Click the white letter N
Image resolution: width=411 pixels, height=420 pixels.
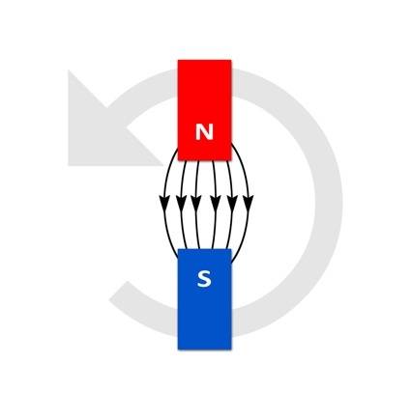coord(204,131)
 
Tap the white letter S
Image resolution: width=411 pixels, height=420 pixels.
coord(204,279)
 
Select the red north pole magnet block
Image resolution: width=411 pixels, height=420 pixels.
coord(204,110)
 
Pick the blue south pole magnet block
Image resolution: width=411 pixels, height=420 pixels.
coord(204,299)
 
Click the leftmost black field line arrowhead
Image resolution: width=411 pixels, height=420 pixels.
coord(164,203)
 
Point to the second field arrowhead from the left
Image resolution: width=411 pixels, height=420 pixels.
coord(182,203)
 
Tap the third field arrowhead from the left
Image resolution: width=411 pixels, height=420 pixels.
coord(195,203)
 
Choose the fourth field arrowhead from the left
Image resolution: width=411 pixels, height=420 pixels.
coord(215,203)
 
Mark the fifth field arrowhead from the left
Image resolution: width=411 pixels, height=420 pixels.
coord(232,203)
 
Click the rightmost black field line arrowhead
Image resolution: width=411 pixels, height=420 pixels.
coord(249,203)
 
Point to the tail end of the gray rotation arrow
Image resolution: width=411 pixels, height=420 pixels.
coord(118,292)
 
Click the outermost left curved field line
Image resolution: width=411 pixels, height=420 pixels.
coord(164,203)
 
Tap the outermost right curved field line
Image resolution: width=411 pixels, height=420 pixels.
coord(248,203)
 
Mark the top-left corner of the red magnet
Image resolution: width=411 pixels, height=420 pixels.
coord(178,60)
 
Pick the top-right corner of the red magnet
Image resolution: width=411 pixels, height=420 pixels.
coord(231,60)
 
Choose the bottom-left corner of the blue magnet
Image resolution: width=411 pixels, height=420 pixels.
coord(178,350)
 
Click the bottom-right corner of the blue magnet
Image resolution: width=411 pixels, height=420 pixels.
coord(231,350)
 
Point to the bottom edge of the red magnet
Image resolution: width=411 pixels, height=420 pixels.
coord(204,159)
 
